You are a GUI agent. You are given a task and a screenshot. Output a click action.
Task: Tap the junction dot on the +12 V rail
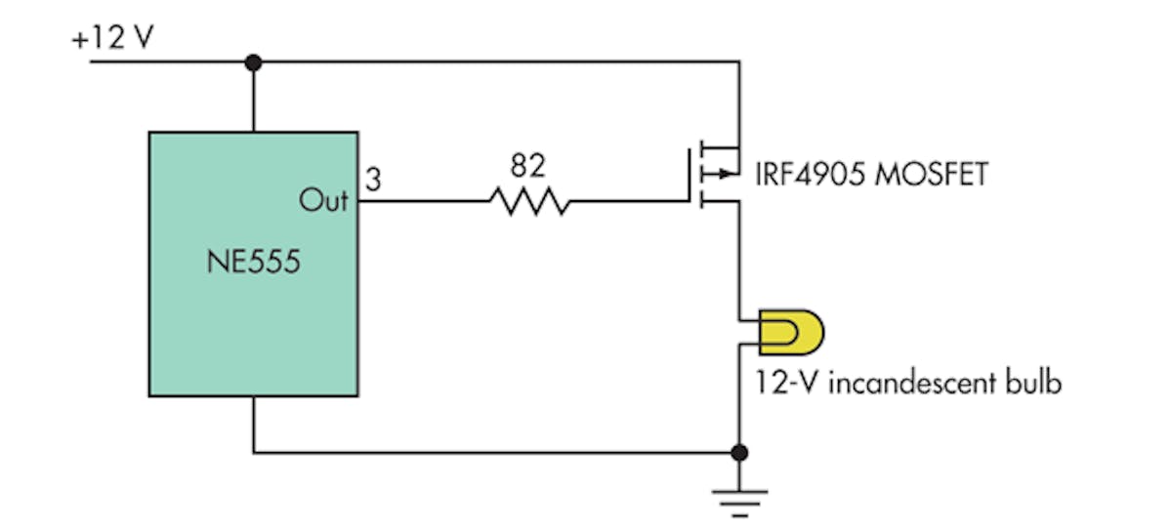(x=253, y=62)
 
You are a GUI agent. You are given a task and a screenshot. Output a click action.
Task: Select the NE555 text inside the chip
(x=253, y=265)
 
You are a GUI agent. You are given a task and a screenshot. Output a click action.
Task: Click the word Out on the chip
(x=323, y=201)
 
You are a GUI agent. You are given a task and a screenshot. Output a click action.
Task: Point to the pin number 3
(x=372, y=179)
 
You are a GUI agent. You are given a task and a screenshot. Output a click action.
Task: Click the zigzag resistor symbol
(x=527, y=202)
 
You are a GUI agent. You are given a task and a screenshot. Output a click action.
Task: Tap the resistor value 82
(x=527, y=167)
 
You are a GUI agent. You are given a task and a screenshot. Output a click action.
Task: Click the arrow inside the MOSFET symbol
(x=724, y=176)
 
